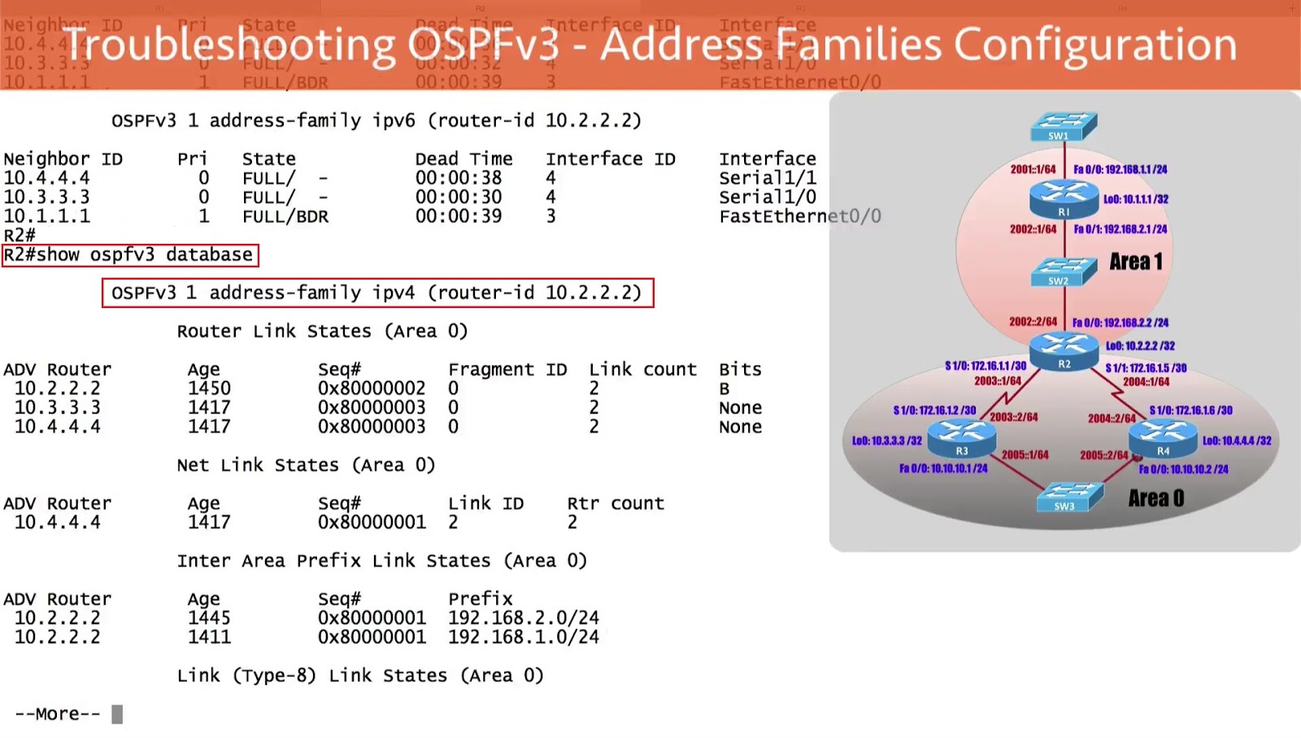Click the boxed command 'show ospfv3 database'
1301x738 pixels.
coord(130,255)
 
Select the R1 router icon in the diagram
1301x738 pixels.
coord(1064,198)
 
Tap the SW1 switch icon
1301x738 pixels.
coord(1064,127)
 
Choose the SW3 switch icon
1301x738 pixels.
coord(1069,496)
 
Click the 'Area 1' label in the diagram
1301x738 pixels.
coord(1136,262)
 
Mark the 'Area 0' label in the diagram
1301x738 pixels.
coord(1155,498)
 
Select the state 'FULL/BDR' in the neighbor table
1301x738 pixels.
coord(285,217)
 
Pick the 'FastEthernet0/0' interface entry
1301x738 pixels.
coord(799,217)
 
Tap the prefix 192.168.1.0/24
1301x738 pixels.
coord(524,637)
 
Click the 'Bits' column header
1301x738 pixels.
coord(740,370)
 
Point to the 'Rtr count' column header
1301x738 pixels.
coord(616,504)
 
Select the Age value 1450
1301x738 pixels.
coord(209,389)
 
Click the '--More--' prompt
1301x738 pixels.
coord(58,714)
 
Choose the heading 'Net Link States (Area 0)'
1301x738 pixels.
coord(306,465)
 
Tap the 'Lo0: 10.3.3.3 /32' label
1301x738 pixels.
coord(886,441)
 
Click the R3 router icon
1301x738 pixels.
coord(962,438)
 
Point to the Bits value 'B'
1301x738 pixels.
coord(724,389)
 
